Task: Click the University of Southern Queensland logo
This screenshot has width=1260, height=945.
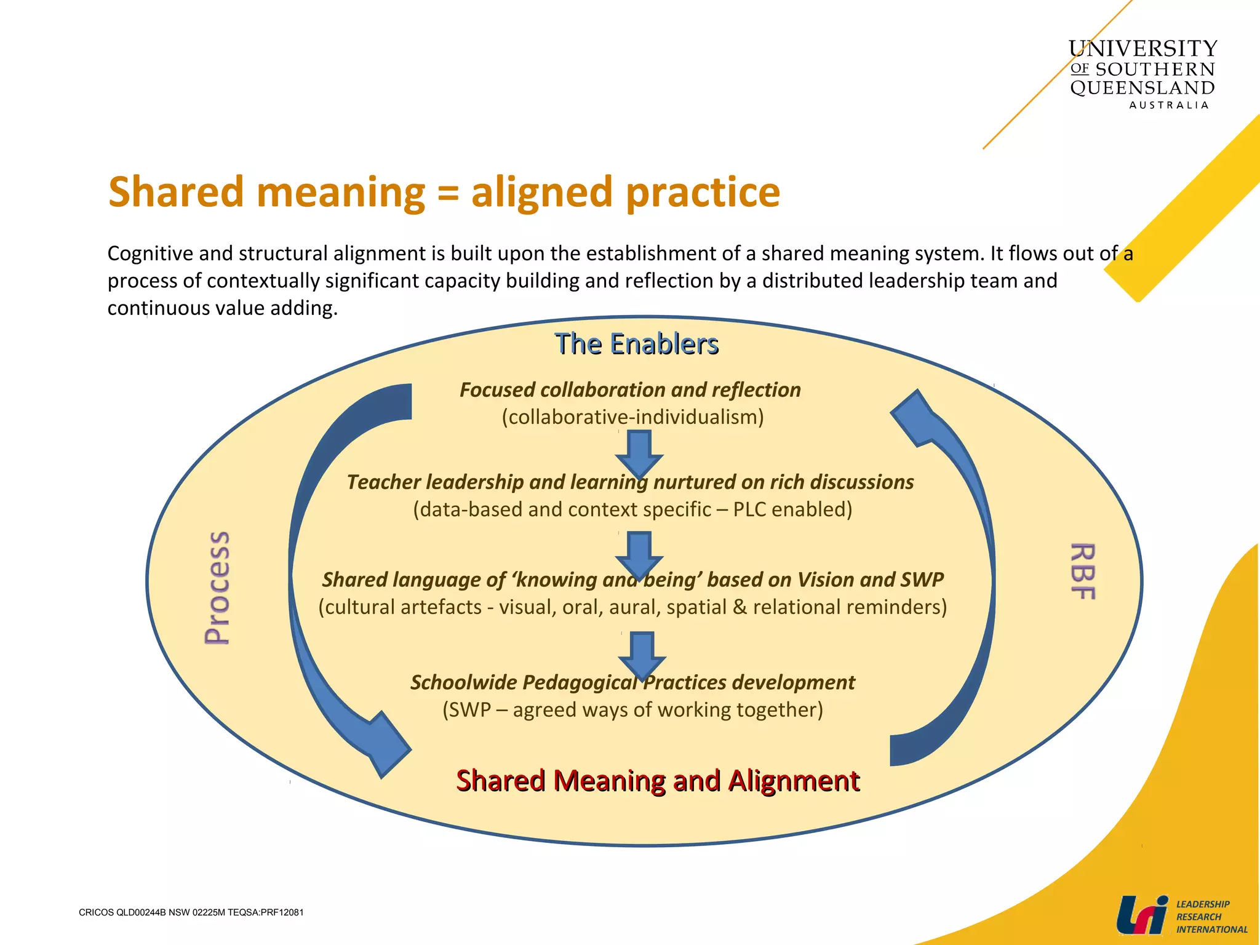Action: click(1142, 73)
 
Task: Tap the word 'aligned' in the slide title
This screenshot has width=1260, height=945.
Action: click(541, 192)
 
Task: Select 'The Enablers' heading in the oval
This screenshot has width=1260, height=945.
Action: click(636, 343)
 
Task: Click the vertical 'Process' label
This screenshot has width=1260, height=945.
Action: click(217, 588)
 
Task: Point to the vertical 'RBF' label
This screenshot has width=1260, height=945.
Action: click(1083, 571)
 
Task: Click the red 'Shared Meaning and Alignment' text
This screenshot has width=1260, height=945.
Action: click(657, 780)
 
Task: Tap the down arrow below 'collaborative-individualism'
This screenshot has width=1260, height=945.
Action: click(639, 453)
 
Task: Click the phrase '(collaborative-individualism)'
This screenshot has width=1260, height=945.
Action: click(632, 417)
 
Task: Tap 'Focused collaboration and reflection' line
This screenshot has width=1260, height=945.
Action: click(630, 389)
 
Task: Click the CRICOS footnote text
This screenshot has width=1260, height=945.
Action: click(191, 912)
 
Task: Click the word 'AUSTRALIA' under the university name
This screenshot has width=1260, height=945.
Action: click(1168, 105)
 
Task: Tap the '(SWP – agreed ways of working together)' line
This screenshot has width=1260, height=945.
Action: click(632, 709)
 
